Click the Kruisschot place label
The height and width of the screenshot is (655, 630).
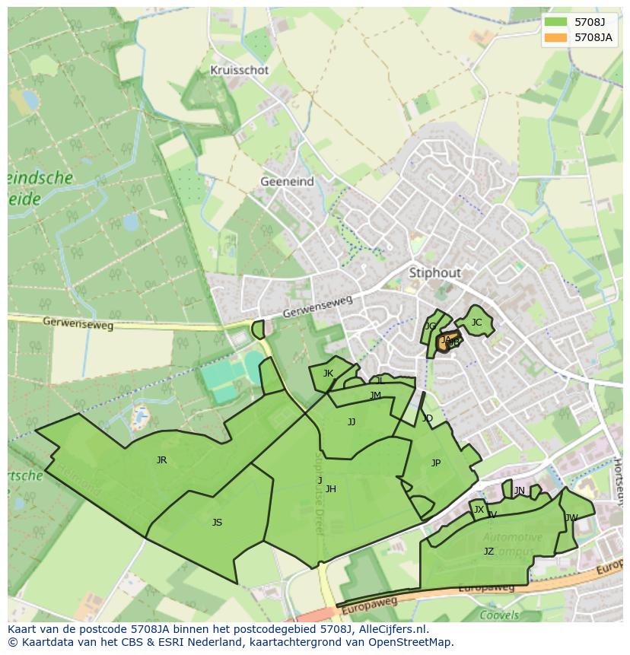[x=240, y=70]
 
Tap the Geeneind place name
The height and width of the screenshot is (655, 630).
[x=287, y=182]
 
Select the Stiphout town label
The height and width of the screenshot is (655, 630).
[x=434, y=272]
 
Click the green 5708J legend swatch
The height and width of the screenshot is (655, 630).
[x=555, y=22]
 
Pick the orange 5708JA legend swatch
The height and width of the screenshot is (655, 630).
[x=555, y=37]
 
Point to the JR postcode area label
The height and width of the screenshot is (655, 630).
[x=161, y=460]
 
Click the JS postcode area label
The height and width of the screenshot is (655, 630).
[x=217, y=523]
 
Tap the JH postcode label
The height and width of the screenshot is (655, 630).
[x=330, y=489]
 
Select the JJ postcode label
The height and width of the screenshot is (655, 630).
[x=351, y=422]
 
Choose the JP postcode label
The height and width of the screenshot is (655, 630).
[x=435, y=463]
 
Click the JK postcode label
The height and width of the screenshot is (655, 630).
[x=328, y=374]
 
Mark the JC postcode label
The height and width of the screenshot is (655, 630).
[x=476, y=323]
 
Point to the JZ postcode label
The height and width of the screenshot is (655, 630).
[x=488, y=552]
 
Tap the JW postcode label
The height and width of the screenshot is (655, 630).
[x=571, y=518]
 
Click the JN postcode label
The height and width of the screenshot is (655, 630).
[x=519, y=491]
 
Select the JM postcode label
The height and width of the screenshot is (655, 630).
[x=375, y=396]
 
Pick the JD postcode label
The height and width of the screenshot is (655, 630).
[x=427, y=418]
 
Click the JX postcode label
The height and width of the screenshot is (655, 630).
[x=479, y=510]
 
